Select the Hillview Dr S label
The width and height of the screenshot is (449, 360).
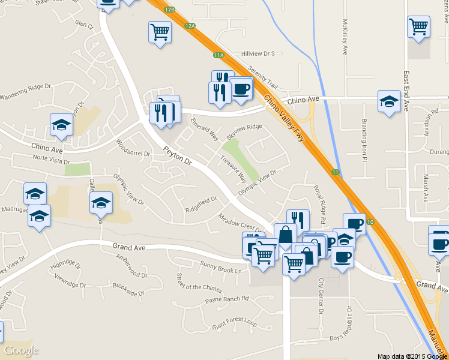257,53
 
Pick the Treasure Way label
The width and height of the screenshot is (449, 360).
234,170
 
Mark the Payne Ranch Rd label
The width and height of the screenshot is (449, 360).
226,299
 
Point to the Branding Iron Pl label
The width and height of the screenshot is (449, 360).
364,135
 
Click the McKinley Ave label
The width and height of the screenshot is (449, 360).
345,37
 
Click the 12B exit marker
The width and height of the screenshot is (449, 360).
170,10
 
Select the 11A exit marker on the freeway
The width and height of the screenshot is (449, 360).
218,55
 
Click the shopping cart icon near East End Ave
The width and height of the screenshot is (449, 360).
418,27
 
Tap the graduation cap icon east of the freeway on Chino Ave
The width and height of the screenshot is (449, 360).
389,100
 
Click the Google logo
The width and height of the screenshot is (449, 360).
21,350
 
